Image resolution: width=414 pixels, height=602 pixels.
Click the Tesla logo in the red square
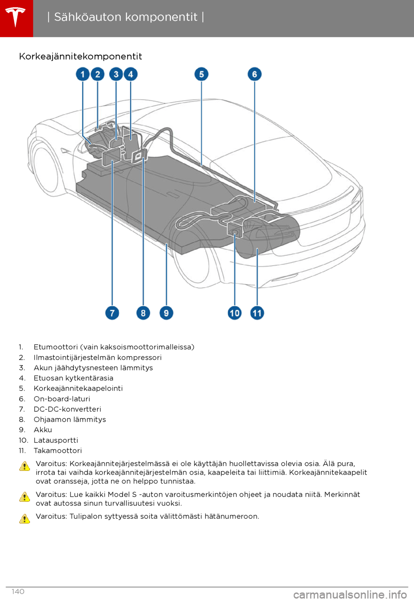[16, 17]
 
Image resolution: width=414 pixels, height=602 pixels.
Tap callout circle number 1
[83, 74]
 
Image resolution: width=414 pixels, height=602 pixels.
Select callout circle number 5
[201, 74]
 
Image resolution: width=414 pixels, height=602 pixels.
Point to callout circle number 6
[254, 74]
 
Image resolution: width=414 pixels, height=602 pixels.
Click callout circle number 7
[112, 313]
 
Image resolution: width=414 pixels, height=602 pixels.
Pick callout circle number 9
[166, 313]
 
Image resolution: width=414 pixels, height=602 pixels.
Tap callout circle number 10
[235, 313]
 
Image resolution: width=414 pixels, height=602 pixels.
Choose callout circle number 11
[257, 313]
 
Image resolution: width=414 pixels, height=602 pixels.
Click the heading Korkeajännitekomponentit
[81, 56]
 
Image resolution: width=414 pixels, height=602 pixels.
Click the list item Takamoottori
[58, 451]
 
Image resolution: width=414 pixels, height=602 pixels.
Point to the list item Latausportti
[56, 440]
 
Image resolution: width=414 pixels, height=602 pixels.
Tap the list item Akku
[43, 430]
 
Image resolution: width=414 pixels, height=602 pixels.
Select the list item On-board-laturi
[62, 399]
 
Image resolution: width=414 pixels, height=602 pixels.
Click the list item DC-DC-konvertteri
[68, 409]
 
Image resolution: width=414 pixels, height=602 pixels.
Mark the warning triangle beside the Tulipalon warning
[25, 518]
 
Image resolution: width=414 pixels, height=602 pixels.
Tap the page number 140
[18, 592]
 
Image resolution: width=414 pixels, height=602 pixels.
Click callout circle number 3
[116, 74]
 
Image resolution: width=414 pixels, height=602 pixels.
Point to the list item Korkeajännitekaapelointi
[78, 389]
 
